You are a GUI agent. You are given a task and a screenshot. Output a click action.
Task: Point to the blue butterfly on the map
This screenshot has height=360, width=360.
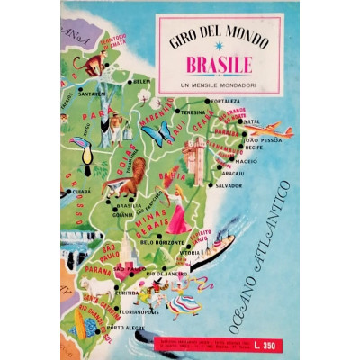[x=158, y=135]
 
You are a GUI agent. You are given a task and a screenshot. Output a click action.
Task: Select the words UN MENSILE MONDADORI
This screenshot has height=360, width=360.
[x=219, y=85]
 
